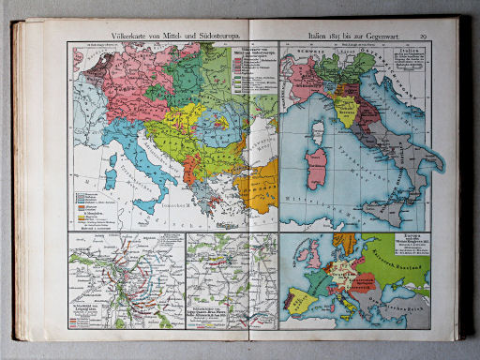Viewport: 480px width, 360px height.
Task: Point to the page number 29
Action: coord(424,36)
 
